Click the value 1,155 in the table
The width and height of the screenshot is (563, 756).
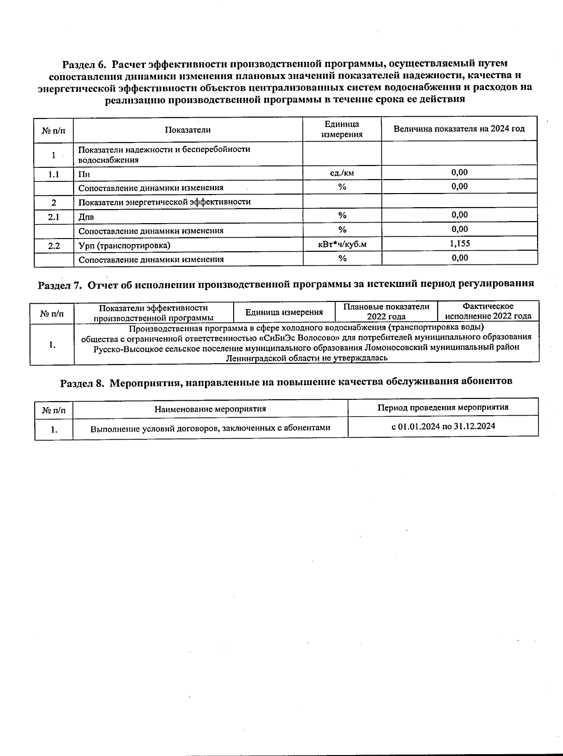[x=460, y=243]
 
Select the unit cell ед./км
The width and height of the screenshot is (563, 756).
[x=342, y=172]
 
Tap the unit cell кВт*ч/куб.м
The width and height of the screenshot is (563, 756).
[x=342, y=244]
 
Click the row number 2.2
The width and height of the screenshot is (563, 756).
[x=53, y=245]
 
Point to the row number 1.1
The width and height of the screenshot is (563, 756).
[x=53, y=174]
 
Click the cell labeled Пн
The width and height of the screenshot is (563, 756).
[x=84, y=174]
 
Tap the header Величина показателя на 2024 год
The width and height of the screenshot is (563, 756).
[x=459, y=129]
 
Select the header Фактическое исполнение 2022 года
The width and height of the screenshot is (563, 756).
[x=488, y=311]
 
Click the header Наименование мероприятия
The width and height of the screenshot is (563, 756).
[x=210, y=409]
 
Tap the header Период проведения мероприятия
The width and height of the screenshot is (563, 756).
[x=443, y=407]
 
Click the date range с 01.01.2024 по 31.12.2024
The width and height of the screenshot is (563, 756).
[x=443, y=427]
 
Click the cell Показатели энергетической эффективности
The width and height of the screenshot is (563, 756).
[x=164, y=202]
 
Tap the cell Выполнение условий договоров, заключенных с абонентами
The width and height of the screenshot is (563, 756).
[x=210, y=428]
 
